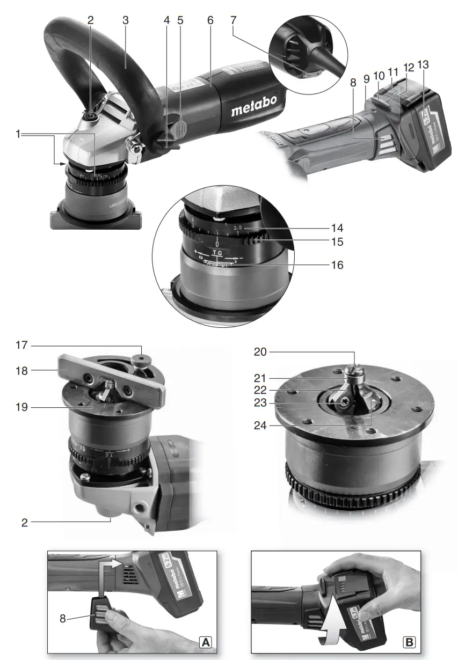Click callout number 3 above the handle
click(x=125, y=20)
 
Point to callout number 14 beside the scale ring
click(x=337, y=227)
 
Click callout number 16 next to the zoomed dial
click(x=337, y=265)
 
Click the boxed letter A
click(x=205, y=641)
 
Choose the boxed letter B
click(x=409, y=641)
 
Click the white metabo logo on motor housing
click(x=254, y=111)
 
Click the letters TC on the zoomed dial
click(x=216, y=252)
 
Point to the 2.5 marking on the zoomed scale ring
click(x=238, y=228)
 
